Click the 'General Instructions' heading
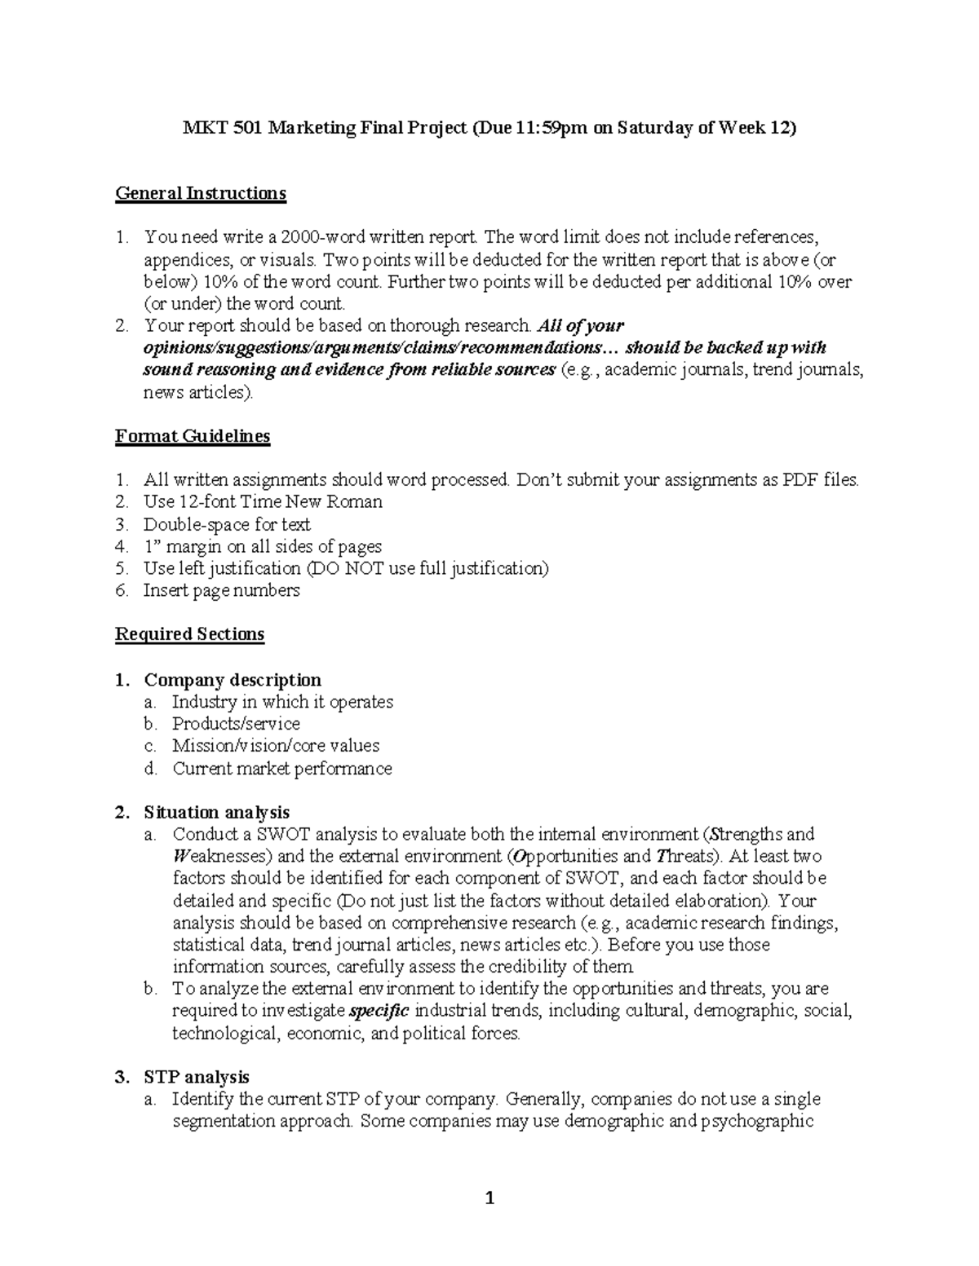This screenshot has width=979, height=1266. [201, 193]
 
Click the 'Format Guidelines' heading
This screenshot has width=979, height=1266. [193, 436]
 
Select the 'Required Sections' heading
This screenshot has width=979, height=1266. [189, 634]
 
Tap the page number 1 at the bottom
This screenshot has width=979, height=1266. [489, 1198]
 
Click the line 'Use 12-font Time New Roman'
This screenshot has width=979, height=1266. [263, 502]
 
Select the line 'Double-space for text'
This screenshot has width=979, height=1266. [227, 524]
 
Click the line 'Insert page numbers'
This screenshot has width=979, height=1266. [221, 590]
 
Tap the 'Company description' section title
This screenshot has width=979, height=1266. [233, 680]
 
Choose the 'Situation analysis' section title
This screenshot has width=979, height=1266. [216, 813]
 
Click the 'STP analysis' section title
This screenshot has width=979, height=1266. [197, 1077]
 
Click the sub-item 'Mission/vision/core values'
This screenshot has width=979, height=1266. [276, 746]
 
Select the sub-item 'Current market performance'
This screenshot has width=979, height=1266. [281, 769]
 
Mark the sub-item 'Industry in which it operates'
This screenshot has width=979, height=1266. [282, 702]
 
